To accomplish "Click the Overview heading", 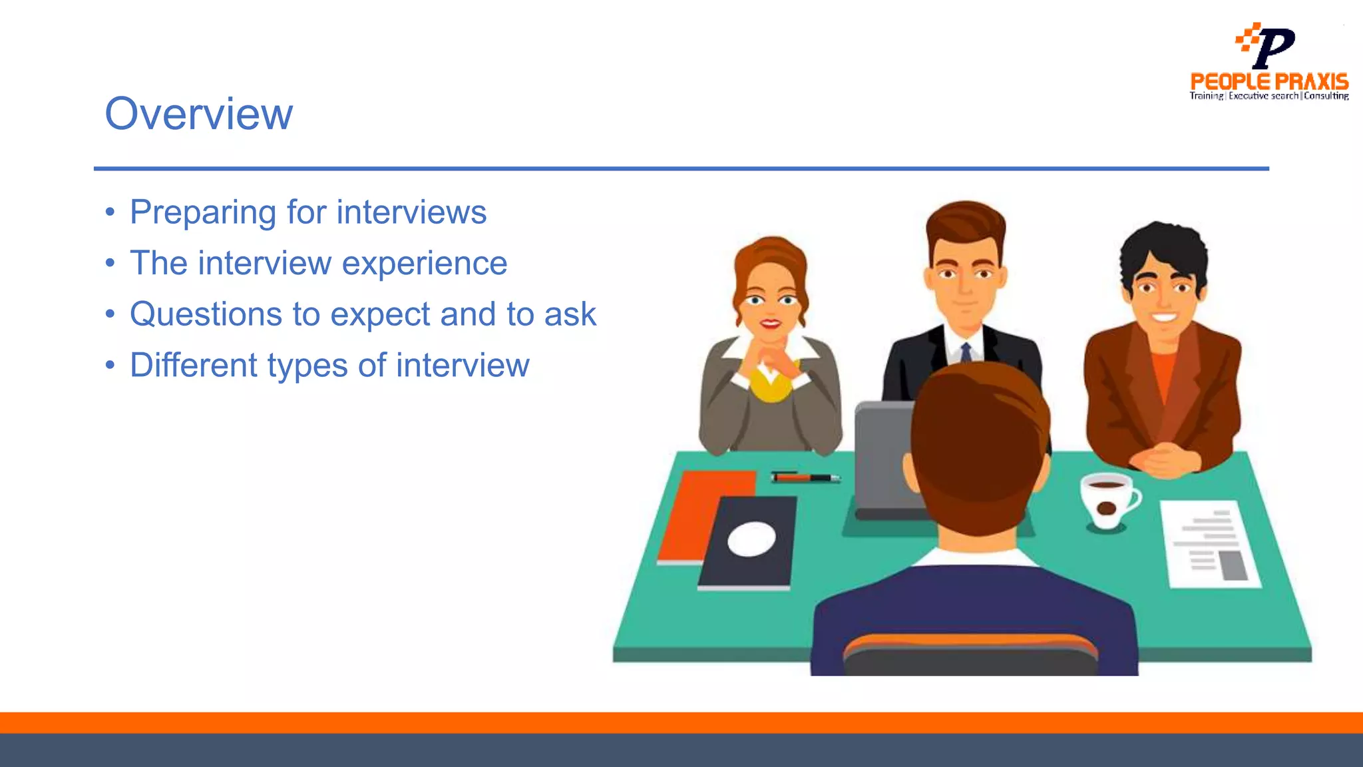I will point(198,114).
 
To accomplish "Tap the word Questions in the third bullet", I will point(206,314).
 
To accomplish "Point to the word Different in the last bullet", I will point(193,366).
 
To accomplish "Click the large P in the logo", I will point(1274,47).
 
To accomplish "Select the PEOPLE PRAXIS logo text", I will point(1268,82).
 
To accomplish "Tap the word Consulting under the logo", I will point(1326,97).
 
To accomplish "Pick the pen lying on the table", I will point(805,477).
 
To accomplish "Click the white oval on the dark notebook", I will point(751,539).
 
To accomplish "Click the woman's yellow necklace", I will point(770,386).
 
